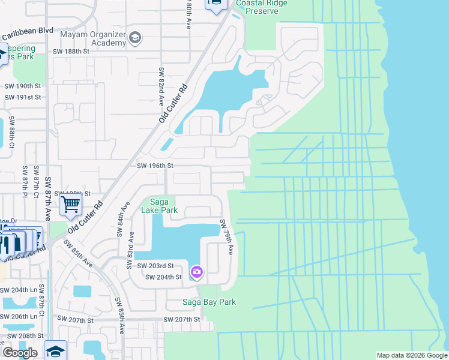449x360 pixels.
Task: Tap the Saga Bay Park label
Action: coord(209,302)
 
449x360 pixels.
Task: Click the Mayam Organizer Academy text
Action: coord(92,38)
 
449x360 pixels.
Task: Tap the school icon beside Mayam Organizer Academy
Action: coord(135,38)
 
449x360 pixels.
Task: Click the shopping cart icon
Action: coord(70,205)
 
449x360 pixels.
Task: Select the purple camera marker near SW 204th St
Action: coord(196,272)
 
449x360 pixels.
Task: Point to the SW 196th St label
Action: coord(155,166)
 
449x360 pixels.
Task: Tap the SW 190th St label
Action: coord(22,86)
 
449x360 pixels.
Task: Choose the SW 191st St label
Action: coord(22,97)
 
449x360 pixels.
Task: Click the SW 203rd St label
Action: coord(155,266)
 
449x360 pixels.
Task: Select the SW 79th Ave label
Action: coord(226,237)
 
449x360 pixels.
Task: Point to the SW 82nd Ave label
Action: coord(161,87)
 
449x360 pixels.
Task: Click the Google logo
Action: coord(19,353)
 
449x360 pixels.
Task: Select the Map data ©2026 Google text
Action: coord(411,355)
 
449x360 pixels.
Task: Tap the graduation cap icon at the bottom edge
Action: coord(55,351)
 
